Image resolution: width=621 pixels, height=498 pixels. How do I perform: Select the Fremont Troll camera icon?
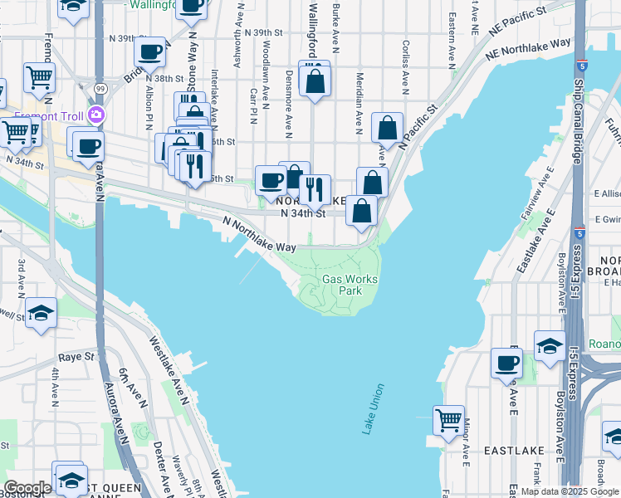pyautogui.click(x=97, y=114)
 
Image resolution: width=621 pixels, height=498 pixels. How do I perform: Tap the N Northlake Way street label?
pyautogui.click(x=259, y=235)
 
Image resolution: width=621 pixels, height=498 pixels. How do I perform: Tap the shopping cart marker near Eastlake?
pyautogui.click(x=449, y=420)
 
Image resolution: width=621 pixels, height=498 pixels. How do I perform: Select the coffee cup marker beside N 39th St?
pyautogui.click(x=149, y=52)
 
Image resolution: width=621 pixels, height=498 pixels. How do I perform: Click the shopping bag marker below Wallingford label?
pyautogui.click(x=315, y=81)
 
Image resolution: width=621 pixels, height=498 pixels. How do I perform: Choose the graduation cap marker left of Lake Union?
pyautogui.click(x=41, y=313)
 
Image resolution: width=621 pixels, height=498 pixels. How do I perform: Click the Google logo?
pyautogui.click(x=27, y=488)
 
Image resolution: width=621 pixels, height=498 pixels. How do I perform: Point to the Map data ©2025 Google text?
pyautogui.click(x=570, y=491)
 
